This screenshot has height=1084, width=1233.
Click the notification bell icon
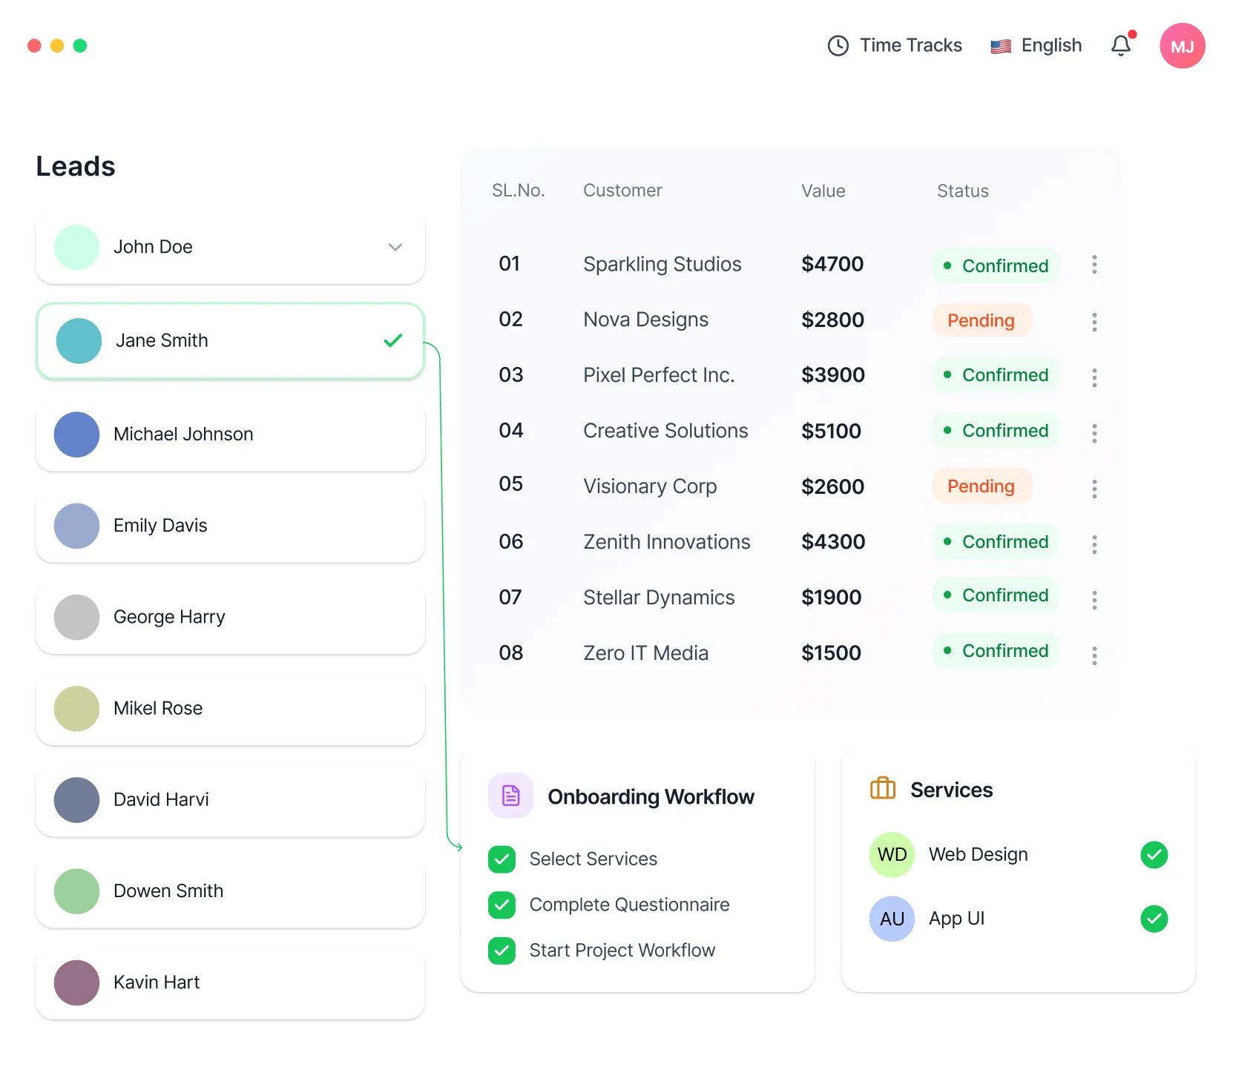pos(1121,46)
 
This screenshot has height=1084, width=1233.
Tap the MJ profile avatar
pos(1182,46)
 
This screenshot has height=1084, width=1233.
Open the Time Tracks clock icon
pos(838,46)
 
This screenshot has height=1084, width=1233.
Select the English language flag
pos(1001,47)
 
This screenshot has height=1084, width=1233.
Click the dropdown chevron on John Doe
pos(395,247)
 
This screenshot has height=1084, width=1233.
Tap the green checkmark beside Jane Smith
pos(393,340)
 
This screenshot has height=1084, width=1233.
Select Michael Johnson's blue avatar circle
pos(77,434)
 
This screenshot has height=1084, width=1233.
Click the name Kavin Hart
pos(157,982)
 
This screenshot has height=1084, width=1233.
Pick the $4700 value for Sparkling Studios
pos(832,264)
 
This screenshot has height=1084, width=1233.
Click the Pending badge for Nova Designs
pos(981,320)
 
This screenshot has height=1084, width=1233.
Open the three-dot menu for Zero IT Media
pos(1094,655)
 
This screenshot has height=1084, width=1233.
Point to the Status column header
pos(962,191)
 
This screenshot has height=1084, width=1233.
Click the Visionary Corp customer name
pos(650,486)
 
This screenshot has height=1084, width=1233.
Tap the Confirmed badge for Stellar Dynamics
pos(996,595)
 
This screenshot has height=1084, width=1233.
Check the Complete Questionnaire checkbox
pos(502,905)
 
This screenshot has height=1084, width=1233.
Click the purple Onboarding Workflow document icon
pos(511,796)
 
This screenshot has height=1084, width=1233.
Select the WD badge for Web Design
pos(892,855)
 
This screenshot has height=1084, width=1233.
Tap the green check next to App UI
pos(1154,919)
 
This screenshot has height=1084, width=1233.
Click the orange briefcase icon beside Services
pos(882,788)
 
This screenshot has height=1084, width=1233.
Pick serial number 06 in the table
pos(511,542)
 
